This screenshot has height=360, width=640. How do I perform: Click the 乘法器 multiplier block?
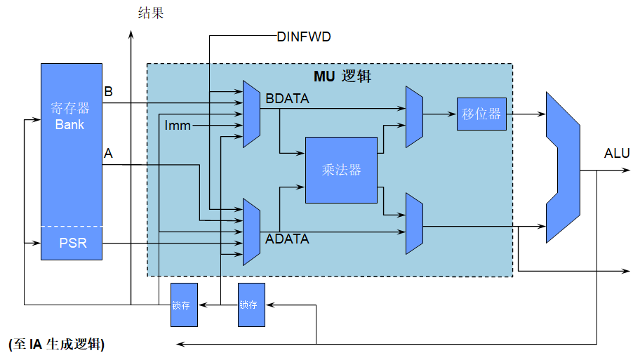coord(341,170)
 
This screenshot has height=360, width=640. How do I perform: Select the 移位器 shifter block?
coord(481,114)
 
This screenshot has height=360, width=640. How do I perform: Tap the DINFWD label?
coord(304,36)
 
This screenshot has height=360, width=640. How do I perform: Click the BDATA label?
coord(287,100)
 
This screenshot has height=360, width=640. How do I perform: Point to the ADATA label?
coord(287,239)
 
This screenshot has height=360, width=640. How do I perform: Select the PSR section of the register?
coord(72,244)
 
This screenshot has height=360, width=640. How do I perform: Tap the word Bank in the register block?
coord(70,125)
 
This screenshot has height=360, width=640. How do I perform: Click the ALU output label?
coord(617,154)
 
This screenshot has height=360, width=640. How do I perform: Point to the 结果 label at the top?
coord(149,12)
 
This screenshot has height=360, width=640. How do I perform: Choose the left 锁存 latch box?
coord(185,305)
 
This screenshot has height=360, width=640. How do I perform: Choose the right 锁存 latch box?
coord(251,305)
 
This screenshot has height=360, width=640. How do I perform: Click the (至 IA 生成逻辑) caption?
coord(58,345)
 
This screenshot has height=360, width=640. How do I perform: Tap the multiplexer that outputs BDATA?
coord(251,114)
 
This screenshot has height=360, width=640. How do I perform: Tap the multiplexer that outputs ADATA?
coord(251,232)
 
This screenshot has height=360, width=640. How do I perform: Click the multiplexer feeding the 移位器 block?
coord(414,117)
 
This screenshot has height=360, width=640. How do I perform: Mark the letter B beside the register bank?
coord(108,92)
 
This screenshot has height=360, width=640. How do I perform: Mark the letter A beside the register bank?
coord(108,153)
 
